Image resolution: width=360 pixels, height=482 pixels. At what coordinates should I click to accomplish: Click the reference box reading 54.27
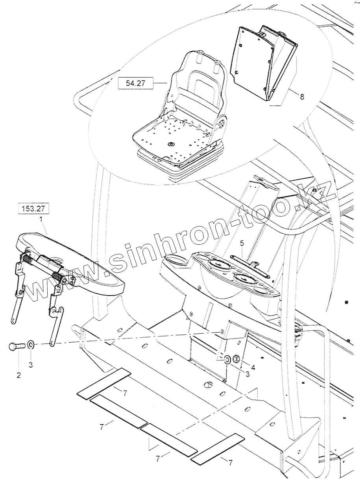(x=135, y=83)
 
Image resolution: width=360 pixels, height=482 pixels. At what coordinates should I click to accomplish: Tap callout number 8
(x=302, y=97)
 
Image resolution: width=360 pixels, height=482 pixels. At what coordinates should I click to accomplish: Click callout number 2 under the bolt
(x=18, y=375)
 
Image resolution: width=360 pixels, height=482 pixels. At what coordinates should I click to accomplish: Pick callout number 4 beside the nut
(x=253, y=368)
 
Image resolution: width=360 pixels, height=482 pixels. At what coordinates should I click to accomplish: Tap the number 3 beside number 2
(x=31, y=364)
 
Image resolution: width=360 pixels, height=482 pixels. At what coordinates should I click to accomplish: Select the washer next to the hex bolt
(x=32, y=345)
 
